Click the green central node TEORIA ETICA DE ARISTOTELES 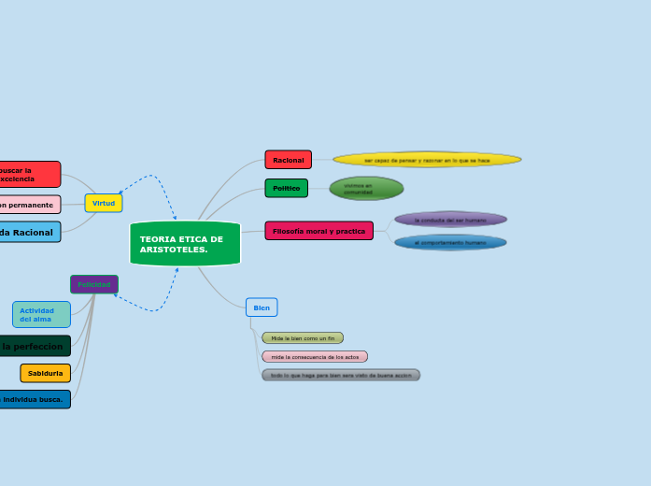tap(185, 244)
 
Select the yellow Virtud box tap(104, 203)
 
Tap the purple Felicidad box tap(94, 284)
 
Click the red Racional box tap(288, 160)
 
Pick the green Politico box tap(286, 188)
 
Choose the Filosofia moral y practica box tap(318, 231)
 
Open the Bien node tap(262, 307)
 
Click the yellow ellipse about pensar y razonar tap(427, 160)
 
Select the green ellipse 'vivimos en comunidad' tap(366, 189)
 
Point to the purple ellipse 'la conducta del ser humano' tap(450, 220)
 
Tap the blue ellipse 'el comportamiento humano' tap(450, 242)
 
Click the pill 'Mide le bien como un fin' tap(303, 338)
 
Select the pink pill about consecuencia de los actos tap(315, 357)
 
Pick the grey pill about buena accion tap(341, 375)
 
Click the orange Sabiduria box tap(46, 373)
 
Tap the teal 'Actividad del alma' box tap(41, 315)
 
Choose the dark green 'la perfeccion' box tap(34, 346)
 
